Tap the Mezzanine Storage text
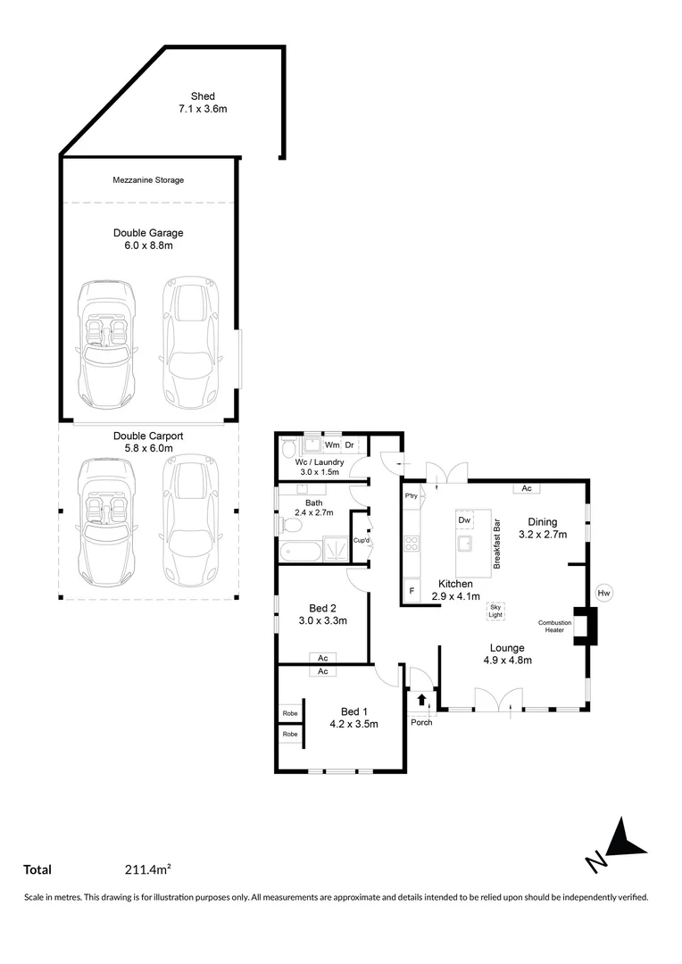click(148, 180)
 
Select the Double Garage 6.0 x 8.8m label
click(148, 239)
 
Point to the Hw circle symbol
click(603, 593)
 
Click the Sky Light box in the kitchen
click(495, 611)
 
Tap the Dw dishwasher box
click(464, 519)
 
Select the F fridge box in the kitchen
click(412, 591)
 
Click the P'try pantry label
click(412, 495)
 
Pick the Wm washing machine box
click(331, 445)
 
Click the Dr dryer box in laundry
click(350, 445)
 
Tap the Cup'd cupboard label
click(361, 541)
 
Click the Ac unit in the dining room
click(527, 488)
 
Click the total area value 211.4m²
click(148, 869)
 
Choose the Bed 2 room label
click(322, 614)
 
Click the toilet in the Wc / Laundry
click(288, 448)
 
